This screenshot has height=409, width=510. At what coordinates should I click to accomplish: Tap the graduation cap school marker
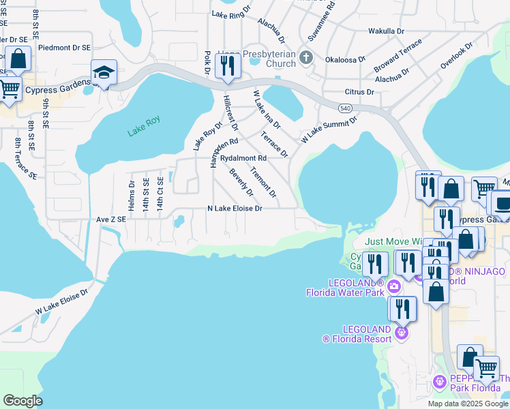point(104,73)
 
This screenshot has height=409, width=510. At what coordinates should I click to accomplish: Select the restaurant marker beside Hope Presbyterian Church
point(226,66)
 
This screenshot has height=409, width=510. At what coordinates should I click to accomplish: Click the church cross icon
point(305,58)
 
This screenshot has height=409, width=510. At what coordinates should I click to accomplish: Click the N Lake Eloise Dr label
point(235,209)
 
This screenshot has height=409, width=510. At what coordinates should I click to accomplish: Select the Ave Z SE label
point(111,219)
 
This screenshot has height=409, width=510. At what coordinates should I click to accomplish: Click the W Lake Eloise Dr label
point(62,302)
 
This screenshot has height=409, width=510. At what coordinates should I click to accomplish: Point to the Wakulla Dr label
point(387,31)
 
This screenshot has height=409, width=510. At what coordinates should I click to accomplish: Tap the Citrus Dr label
point(361,91)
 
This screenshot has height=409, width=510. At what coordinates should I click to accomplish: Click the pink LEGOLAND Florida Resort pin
point(402,333)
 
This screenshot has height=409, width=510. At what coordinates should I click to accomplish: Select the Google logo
point(22,401)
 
